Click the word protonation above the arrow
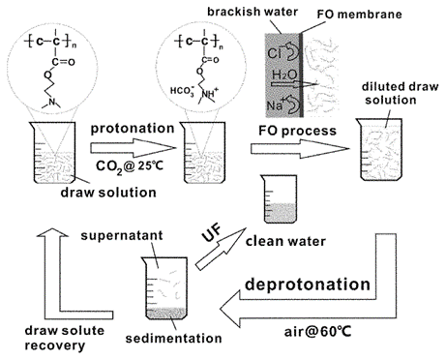[133, 129]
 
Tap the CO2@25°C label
[130, 165]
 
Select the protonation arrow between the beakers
[134, 148]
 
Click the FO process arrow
[300, 149]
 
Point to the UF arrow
[221, 249]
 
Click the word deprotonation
[308, 285]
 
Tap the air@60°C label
[317, 332]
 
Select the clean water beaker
[280, 199]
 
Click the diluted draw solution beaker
[380, 149]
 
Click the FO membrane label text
[359, 15]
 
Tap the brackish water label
[253, 12]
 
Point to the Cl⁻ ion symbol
[274, 53]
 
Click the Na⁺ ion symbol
[275, 105]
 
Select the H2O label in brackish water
[284, 75]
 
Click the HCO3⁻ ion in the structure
[182, 91]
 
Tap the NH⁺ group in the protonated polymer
[210, 94]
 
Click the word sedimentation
[173, 339]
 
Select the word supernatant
[122, 236]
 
